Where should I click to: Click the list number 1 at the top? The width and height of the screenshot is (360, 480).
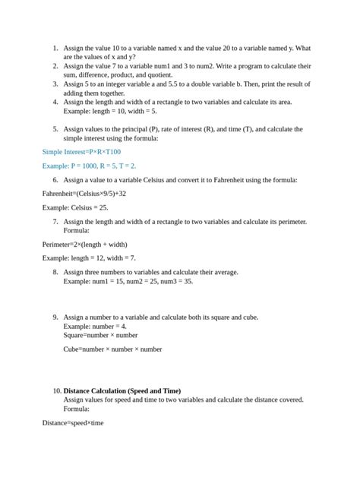pyautogui.click(x=55, y=48)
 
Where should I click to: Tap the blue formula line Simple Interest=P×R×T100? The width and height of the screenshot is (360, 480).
pyautogui.click(x=81, y=152)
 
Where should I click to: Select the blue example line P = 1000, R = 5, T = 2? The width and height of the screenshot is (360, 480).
pyautogui.click(x=89, y=166)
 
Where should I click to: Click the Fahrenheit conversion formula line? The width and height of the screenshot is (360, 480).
pyautogui.click(x=84, y=194)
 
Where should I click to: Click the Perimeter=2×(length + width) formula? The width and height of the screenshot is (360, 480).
pyautogui.click(x=85, y=245)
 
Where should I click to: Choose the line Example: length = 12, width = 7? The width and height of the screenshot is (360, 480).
pyautogui.click(x=89, y=258)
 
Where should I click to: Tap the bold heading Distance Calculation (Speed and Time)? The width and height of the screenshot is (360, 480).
pyautogui.click(x=122, y=391)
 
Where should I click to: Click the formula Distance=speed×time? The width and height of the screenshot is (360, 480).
pyautogui.click(x=73, y=423)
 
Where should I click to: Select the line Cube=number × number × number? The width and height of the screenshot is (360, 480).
pyautogui.click(x=112, y=349)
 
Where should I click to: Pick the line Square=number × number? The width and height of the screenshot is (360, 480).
pyautogui.click(x=100, y=335)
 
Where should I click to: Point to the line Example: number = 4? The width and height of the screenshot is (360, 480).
pyautogui.click(x=95, y=326)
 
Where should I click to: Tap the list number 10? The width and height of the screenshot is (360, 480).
pyautogui.click(x=57, y=391)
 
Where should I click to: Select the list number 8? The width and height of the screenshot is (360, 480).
pyautogui.click(x=55, y=272)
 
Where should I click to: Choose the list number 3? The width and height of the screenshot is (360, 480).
pyautogui.click(x=55, y=85)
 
